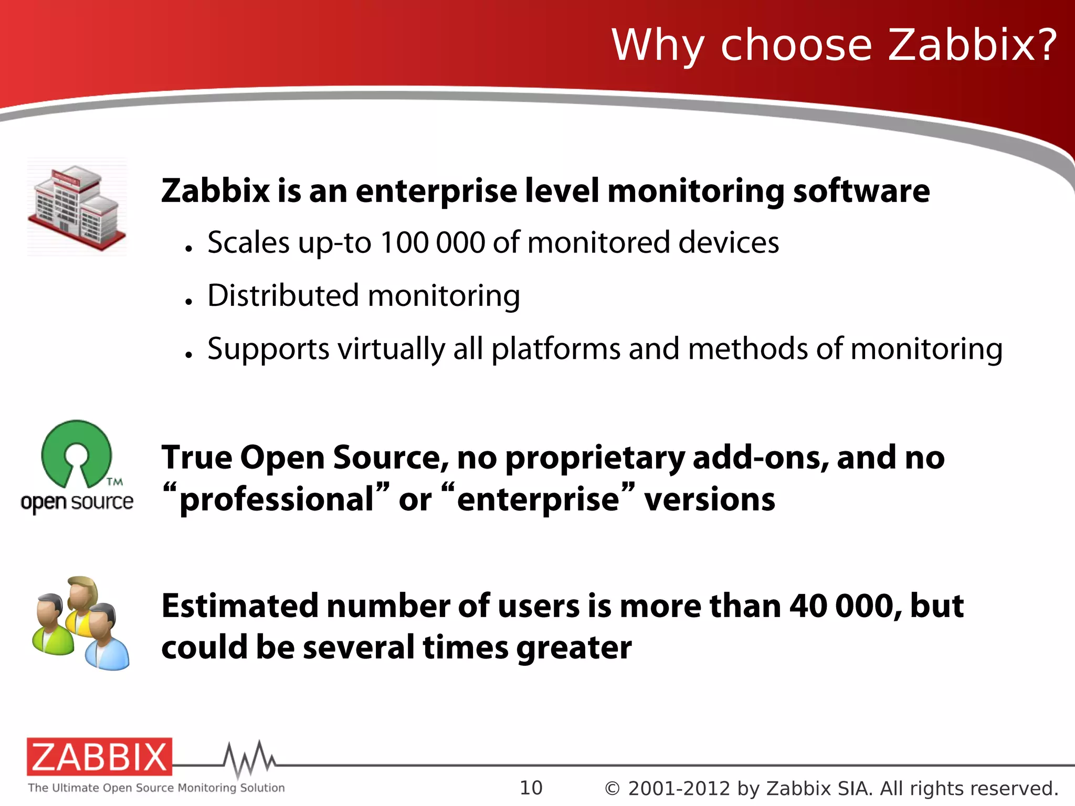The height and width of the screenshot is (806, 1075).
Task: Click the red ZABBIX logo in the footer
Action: [x=99, y=757]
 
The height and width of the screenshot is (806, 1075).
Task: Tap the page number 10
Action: [x=531, y=788]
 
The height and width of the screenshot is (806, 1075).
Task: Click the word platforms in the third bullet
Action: [x=556, y=349]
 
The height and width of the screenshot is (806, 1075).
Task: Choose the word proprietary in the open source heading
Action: [x=595, y=458]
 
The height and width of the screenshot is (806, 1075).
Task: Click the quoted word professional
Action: [x=277, y=499]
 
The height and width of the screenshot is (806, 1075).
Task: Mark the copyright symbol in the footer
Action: [x=612, y=789]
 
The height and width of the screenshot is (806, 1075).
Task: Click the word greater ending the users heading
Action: [x=574, y=648]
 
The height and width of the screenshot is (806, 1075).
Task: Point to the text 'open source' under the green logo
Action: [x=77, y=502]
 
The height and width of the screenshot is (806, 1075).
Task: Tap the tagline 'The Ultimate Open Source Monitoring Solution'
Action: [x=156, y=788]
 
